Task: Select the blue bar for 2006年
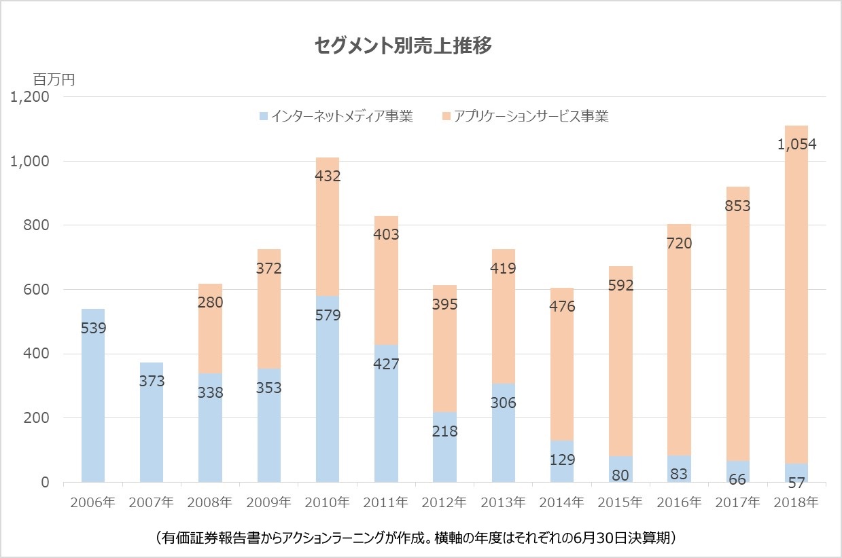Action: click(x=93, y=407)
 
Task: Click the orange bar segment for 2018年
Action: click(x=796, y=305)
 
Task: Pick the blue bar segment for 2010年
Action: click(x=328, y=407)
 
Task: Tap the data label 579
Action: click(x=328, y=315)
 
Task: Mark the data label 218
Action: click(x=444, y=431)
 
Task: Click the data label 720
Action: click(x=679, y=243)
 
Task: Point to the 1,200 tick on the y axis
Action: click(x=30, y=97)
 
